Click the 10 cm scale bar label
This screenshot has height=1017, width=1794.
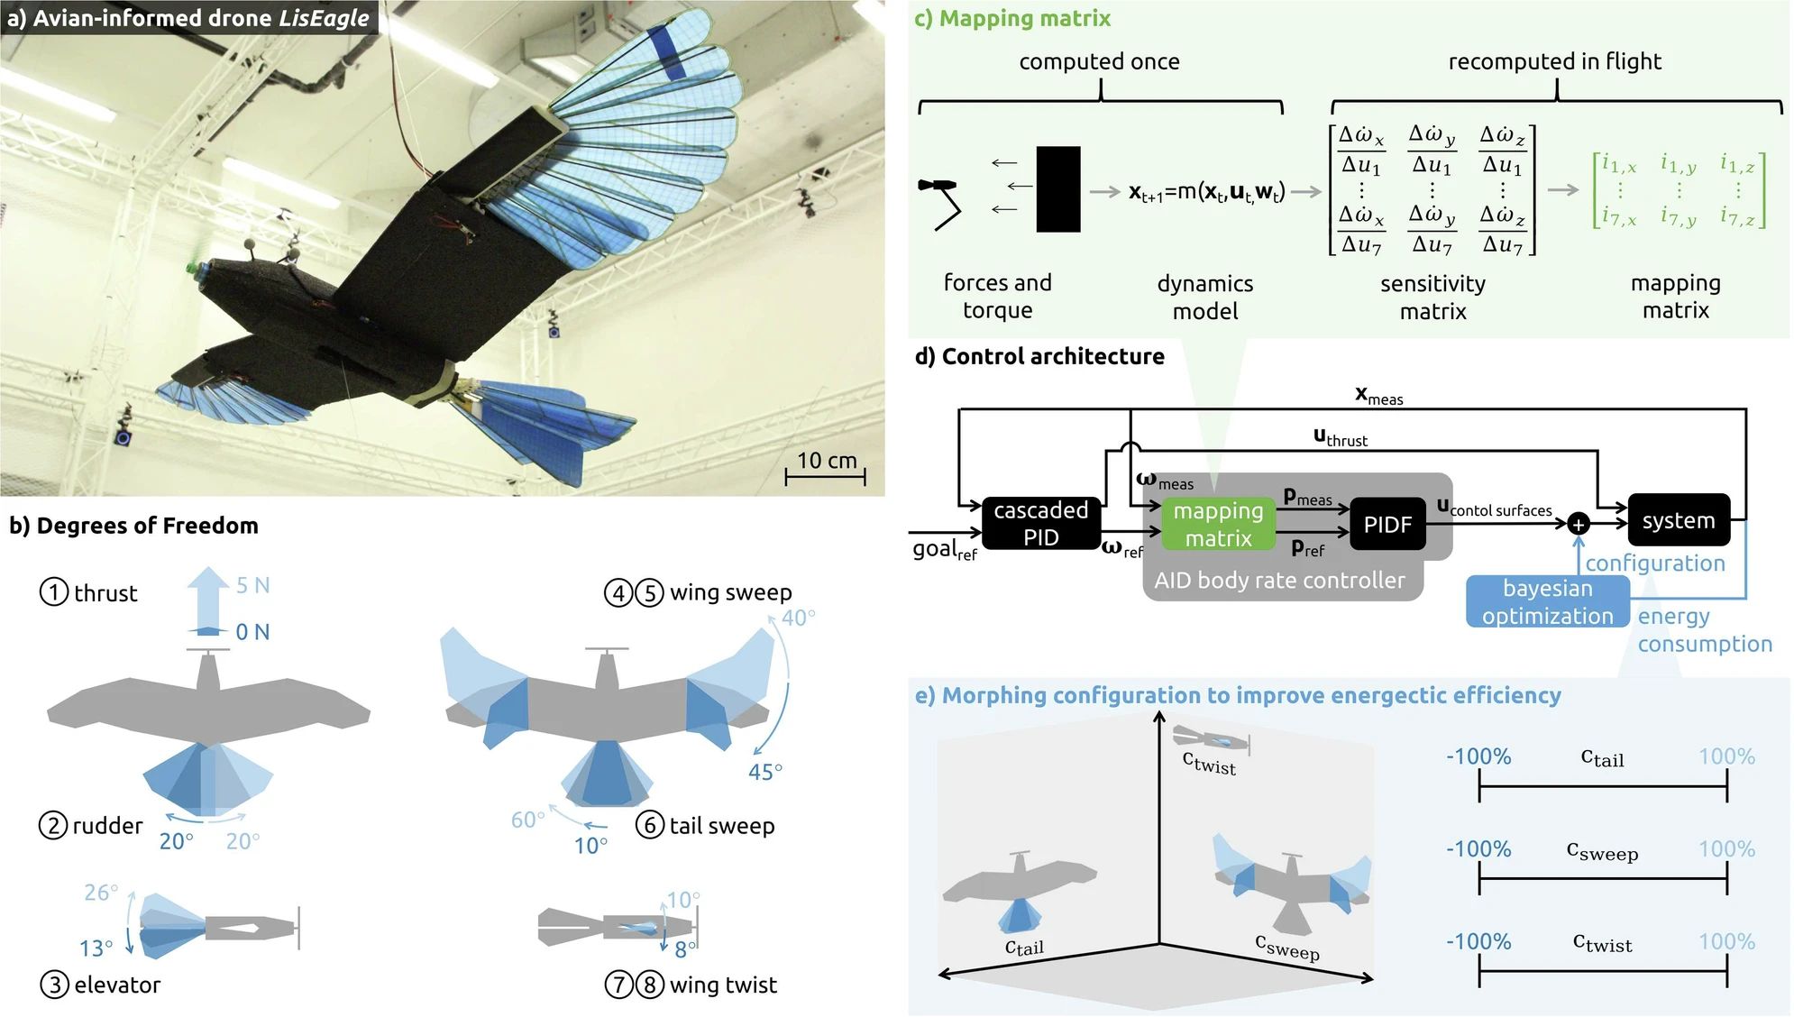pyautogui.click(x=826, y=461)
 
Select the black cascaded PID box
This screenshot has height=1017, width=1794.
pyautogui.click(x=1040, y=523)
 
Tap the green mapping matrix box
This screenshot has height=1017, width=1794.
pyautogui.click(x=1217, y=524)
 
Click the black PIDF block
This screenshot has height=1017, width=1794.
pyautogui.click(x=1387, y=524)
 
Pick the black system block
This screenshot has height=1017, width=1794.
pyautogui.click(x=1678, y=520)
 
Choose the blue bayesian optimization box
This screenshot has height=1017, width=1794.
pyautogui.click(x=1547, y=601)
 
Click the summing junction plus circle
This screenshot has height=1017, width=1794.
pyautogui.click(x=1578, y=524)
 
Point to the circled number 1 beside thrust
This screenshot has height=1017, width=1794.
pyautogui.click(x=54, y=592)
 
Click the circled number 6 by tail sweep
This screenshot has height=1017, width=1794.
pyautogui.click(x=649, y=825)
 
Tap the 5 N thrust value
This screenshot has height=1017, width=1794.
pyautogui.click(x=252, y=585)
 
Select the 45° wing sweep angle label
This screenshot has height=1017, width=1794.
pyautogui.click(x=764, y=772)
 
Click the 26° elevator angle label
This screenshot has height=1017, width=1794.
pyautogui.click(x=100, y=893)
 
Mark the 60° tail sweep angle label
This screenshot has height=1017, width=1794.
pyautogui.click(x=527, y=820)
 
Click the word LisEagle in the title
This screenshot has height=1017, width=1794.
pyautogui.click(x=324, y=18)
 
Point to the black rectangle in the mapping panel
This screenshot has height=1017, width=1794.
pyautogui.click(x=1057, y=189)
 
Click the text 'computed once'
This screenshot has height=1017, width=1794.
pyautogui.click(x=1099, y=61)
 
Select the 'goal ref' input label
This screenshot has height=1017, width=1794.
pyautogui.click(x=944, y=549)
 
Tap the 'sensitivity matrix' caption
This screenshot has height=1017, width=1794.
pyautogui.click(x=1432, y=297)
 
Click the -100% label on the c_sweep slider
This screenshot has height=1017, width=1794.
pyautogui.click(x=1478, y=849)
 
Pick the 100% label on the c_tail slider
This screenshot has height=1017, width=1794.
pyautogui.click(x=1726, y=756)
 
